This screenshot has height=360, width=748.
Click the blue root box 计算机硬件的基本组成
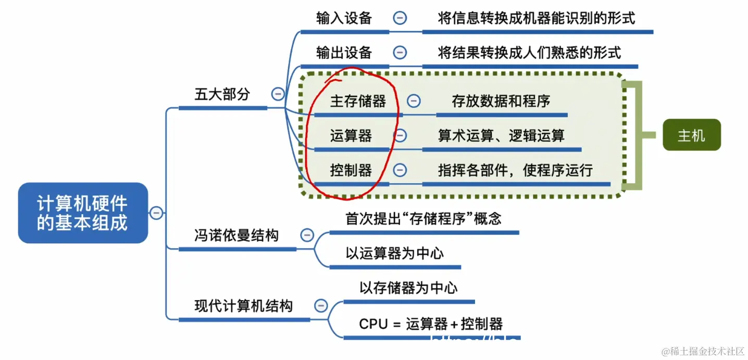point(83,213)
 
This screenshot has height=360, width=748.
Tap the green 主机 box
point(691,135)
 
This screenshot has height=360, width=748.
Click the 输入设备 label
point(344,18)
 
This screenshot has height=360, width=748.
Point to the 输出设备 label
point(344,53)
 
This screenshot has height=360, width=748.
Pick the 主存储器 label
point(358,101)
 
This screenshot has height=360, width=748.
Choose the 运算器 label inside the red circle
point(351,135)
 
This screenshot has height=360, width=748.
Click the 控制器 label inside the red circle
point(351,170)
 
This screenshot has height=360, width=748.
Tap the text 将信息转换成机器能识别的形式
point(537,18)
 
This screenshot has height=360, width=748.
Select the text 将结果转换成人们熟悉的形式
point(529,53)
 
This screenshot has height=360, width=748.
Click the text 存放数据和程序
point(501,101)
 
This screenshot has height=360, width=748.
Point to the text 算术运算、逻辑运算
point(501,135)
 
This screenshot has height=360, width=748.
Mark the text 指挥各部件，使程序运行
point(515,170)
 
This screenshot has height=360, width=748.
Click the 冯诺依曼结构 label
point(236,235)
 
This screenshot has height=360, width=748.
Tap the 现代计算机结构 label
point(243,306)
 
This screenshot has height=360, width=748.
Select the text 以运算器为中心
point(394,254)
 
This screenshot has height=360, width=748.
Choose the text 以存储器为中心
point(408,288)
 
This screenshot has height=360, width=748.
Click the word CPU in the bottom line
point(373,324)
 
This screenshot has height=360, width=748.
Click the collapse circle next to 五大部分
point(278,94)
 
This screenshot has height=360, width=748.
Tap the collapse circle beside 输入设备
point(400,18)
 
